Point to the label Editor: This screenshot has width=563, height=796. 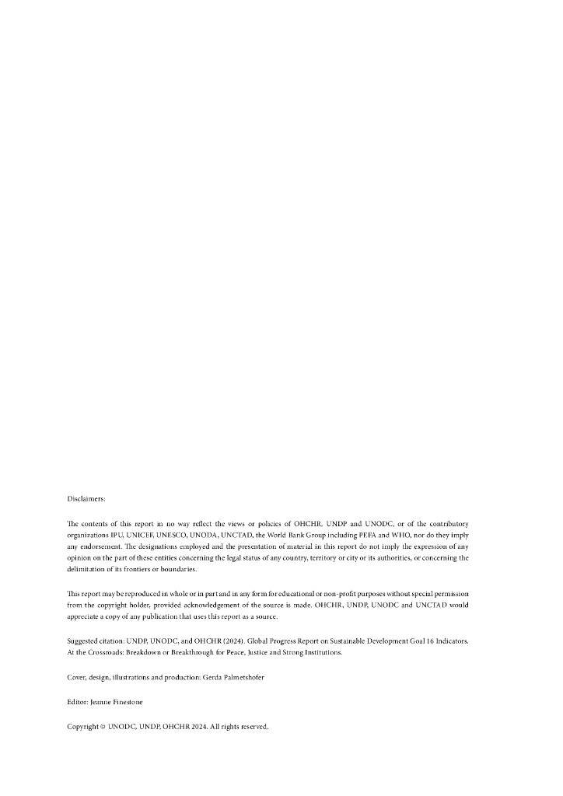[78, 702]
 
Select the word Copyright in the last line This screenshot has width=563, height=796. [82, 727]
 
